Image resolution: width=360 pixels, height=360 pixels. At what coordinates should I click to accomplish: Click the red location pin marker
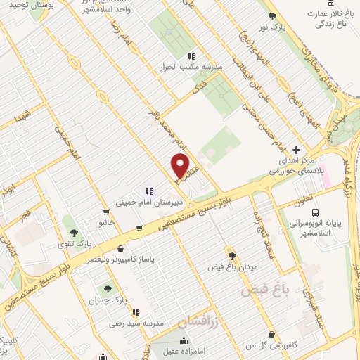pyautogui.click(x=181, y=166)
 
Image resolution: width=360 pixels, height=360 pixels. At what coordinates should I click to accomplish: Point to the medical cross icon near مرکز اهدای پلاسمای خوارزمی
pyautogui.click(x=297, y=150)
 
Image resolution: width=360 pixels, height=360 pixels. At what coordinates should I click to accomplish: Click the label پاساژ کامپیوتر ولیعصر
pyautogui.click(x=121, y=259)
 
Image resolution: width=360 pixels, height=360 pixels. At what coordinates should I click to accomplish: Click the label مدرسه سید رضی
pyautogui.click(x=136, y=325)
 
